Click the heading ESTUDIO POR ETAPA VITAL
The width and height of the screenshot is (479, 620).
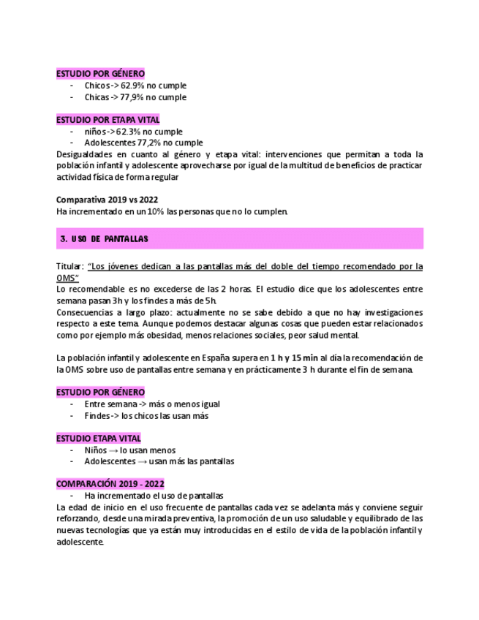(108, 119)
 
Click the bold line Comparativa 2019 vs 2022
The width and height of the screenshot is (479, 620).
(107, 200)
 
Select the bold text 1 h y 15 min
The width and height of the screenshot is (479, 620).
(295, 358)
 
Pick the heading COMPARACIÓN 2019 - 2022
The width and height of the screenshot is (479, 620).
(110, 484)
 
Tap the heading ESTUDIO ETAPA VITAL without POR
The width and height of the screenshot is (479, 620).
(99, 438)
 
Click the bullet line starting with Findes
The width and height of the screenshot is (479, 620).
(146, 415)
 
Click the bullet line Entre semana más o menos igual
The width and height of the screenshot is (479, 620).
(151, 404)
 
